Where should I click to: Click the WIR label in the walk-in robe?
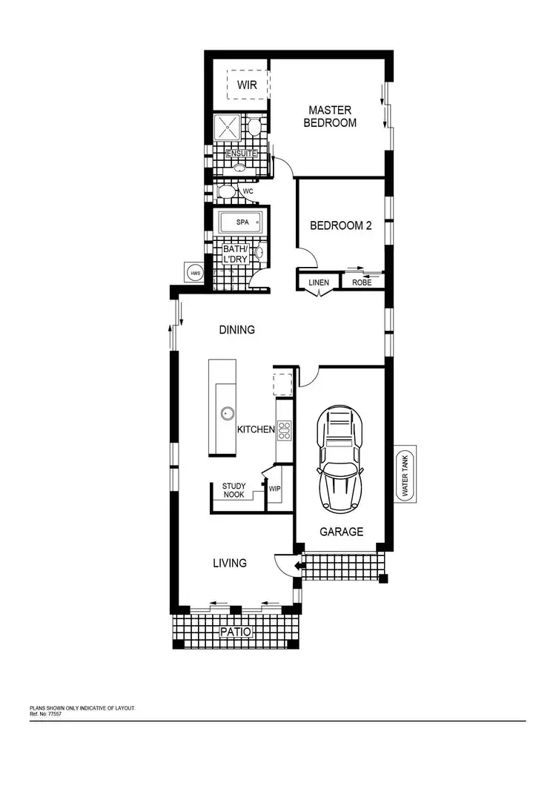(x=247, y=85)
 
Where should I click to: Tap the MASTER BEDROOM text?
(x=330, y=116)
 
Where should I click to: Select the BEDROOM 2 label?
(x=340, y=225)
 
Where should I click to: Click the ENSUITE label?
(x=241, y=153)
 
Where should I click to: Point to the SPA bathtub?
(x=242, y=222)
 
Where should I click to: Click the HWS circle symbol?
(x=195, y=273)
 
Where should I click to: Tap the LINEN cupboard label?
(x=318, y=282)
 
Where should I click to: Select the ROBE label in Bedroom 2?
(x=362, y=282)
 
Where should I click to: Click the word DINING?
(x=236, y=329)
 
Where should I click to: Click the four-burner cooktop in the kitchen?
(x=285, y=429)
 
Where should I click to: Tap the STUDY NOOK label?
(x=234, y=490)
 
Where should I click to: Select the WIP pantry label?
(x=274, y=489)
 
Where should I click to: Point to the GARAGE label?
(x=341, y=532)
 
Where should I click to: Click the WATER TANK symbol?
(x=405, y=475)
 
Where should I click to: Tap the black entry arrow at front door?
(x=298, y=567)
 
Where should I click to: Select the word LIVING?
(x=230, y=564)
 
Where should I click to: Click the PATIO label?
(x=236, y=632)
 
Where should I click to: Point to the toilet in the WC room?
(x=228, y=192)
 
